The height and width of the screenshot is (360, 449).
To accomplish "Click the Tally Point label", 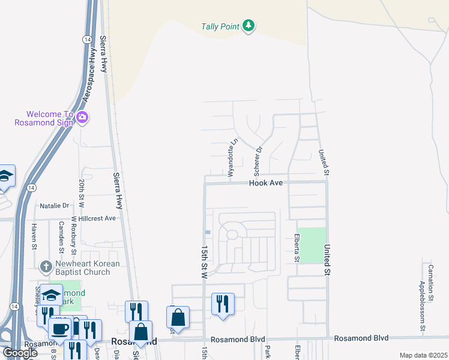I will click(219, 26).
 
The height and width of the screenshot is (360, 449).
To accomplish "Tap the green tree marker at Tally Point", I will click(249, 26).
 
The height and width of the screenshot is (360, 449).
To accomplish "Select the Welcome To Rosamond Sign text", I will click(44, 118).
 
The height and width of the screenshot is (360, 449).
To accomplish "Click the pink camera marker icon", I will click(82, 118).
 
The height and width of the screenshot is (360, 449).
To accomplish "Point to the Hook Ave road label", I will click(266, 182).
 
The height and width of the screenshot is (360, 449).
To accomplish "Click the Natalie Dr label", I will click(55, 206).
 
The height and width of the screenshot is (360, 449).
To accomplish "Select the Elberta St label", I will click(297, 248).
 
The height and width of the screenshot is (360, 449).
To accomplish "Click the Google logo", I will click(20, 353).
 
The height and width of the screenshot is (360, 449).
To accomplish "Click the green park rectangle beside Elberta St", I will click(313, 245).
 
